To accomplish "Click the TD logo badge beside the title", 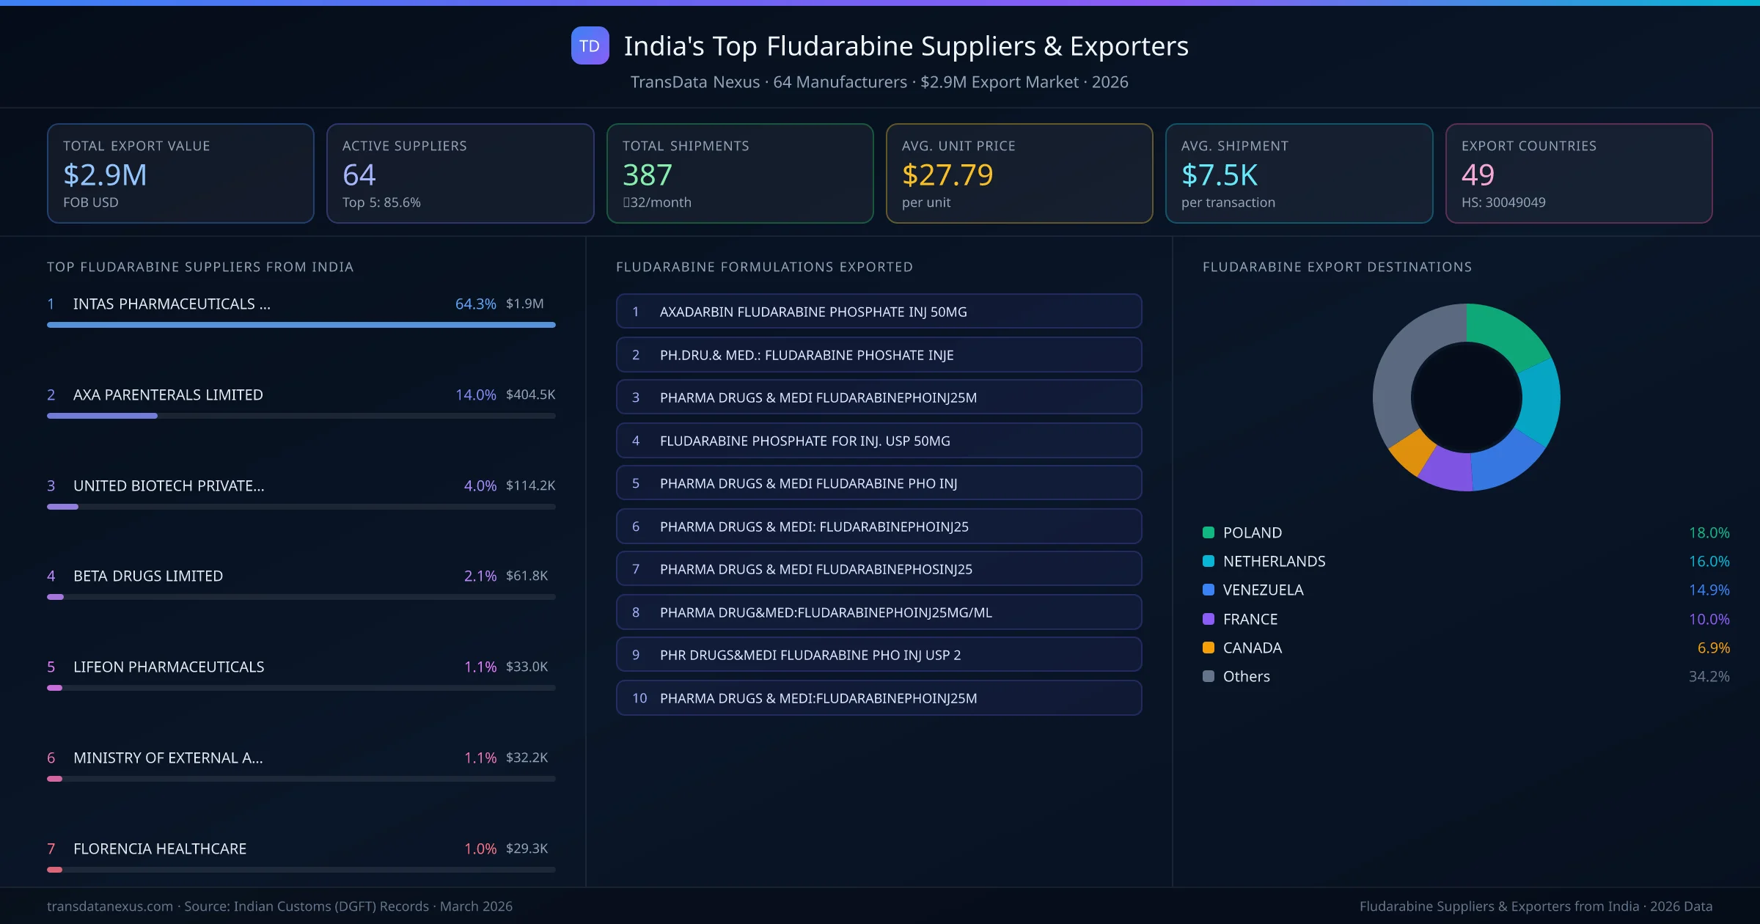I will (590, 46).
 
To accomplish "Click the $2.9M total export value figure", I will (105, 175).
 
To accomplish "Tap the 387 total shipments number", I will (647, 175).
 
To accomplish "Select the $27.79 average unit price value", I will (947, 175).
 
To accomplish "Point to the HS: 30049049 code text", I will (1503, 202).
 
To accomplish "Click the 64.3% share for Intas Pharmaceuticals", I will (475, 304).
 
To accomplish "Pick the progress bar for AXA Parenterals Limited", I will (301, 416).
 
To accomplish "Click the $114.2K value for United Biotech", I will (530, 485).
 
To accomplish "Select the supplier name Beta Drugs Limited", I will (148, 576).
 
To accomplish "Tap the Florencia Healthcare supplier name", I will (160, 848).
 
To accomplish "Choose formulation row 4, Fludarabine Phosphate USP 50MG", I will (879, 441).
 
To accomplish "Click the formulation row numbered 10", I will (879, 698).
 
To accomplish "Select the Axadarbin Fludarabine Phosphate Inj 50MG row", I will (879, 312).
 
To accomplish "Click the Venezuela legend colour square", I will (1209, 590).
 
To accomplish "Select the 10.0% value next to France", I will (1709, 620).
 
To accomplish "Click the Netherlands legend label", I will (1274, 562).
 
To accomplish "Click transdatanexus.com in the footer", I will (110, 906).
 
